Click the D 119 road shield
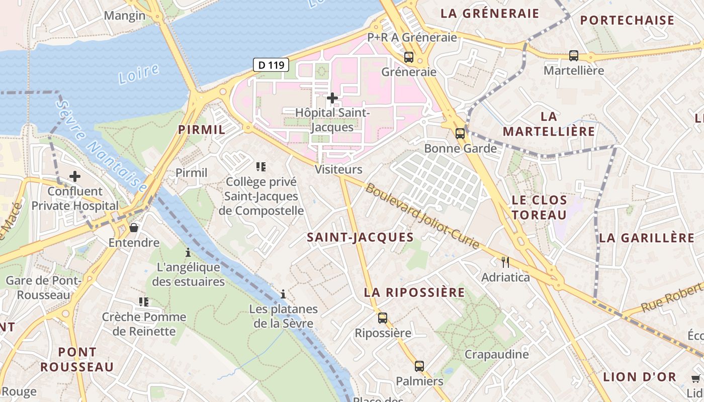(271, 64)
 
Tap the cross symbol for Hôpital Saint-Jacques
(332, 97)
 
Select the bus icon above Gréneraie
(409, 57)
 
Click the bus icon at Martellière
(574, 55)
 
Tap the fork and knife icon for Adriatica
(505, 262)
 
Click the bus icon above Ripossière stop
(383, 318)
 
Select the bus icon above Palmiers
(419, 366)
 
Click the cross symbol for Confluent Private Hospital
(75, 176)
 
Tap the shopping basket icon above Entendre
(134, 228)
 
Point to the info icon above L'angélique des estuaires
(188, 252)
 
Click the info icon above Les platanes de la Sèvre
(283, 293)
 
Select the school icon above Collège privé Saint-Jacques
(260, 166)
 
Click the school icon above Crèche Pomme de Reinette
(144, 301)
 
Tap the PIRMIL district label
(202, 130)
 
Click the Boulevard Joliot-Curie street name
(422, 217)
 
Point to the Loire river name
(139, 74)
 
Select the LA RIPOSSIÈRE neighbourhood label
(414, 292)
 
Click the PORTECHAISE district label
(627, 21)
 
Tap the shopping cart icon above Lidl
(695, 378)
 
